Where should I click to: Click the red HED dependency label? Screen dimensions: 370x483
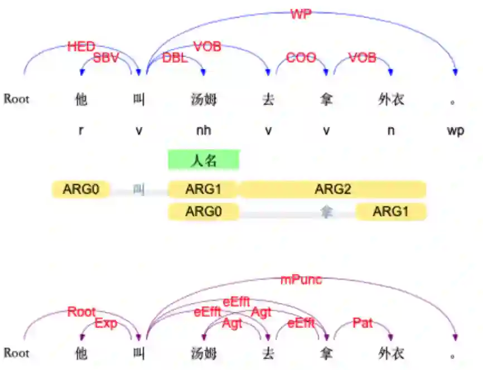pyautogui.click(x=81, y=47)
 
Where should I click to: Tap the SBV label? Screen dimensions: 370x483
pyautogui.click(x=106, y=57)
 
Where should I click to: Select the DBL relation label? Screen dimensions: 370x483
pyautogui.click(x=175, y=57)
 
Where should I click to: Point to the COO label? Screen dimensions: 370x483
pyautogui.click(x=301, y=57)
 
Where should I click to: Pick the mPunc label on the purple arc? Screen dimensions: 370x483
pyautogui.click(x=301, y=280)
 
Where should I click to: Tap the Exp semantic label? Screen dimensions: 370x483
pyautogui.click(x=106, y=323)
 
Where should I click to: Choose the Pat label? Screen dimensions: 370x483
pyautogui.click(x=363, y=323)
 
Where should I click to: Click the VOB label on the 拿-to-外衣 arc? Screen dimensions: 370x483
pyautogui.click(x=363, y=57)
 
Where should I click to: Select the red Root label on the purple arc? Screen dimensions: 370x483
pyautogui.click(x=82, y=312)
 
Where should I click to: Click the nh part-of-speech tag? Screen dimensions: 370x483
pyautogui.click(x=204, y=131)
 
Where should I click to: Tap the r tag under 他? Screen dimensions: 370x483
pyautogui.click(x=81, y=131)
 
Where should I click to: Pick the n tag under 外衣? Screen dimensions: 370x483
pyautogui.click(x=390, y=131)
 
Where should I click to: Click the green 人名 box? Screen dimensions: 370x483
pyautogui.click(x=204, y=161)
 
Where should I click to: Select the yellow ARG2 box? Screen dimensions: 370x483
pyautogui.click(x=332, y=189)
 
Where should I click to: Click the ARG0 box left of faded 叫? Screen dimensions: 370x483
pyautogui.click(x=81, y=189)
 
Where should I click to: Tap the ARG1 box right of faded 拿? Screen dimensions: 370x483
pyautogui.click(x=390, y=211)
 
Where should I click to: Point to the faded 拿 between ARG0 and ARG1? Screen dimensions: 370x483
pyautogui.click(x=326, y=212)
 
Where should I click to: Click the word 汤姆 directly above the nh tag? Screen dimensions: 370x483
pyautogui.click(x=204, y=100)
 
